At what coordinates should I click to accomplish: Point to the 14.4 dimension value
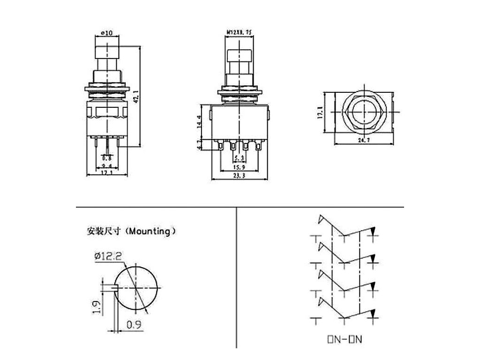pyautogui.click(x=199, y=122)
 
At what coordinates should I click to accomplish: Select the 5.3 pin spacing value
pyautogui.click(x=240, y=158)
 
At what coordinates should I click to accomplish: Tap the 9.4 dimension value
pyautogui.click(x=107, y=165)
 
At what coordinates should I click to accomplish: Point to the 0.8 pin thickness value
pyautogui.click(x=107, y=158)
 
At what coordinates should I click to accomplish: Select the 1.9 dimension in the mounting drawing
pyautogui.click(x=96, y=307)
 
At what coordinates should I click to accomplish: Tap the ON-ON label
pyautogui.click(x=345, y=339)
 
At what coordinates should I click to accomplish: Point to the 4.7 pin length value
pyautogui.click(x=199, y=144)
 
